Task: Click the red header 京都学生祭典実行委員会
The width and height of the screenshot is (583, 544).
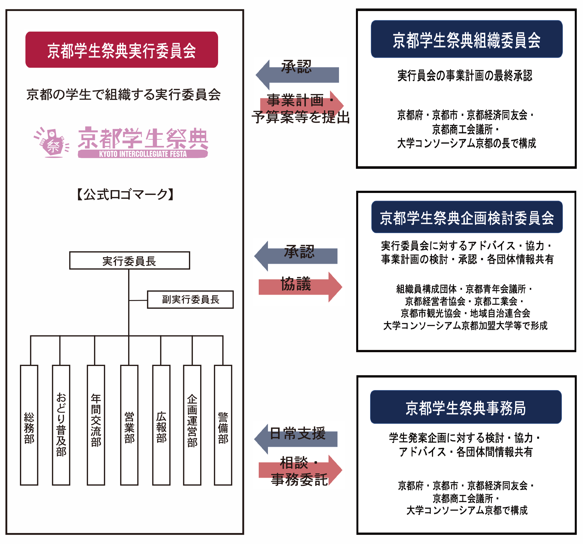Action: pyautogui.click(x=121, y=50)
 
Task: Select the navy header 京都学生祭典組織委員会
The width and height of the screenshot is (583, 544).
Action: pyautogui.click(x=466, y=39)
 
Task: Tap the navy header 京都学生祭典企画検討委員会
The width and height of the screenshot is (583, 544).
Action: pyautogui.click(x=467, y=217)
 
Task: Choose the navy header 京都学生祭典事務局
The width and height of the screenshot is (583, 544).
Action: pyautogui.click(x=466, y=407)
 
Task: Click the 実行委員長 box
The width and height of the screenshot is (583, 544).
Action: pyautogui.click(x=129, y=260)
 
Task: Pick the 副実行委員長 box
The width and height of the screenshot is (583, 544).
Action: pyautogui.click(x=190, y=300)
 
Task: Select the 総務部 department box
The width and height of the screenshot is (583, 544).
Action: pyautogui.click(x=29, y=425)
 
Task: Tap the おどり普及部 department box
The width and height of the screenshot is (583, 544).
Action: pyautogui.click(x=61, y=425)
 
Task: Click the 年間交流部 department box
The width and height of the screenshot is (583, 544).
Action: pyautogui.click(x=96, y=425)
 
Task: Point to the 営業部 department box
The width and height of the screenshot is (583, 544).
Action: pyautogui.click(x=129, y=425)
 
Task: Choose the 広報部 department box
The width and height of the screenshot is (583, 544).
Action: pyautogui.click(x=161, y=425)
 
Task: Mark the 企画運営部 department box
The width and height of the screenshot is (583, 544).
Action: pyautogui.click(x=192, y=425)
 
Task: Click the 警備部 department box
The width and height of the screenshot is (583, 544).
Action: pyautogui.click(x=223, y=425)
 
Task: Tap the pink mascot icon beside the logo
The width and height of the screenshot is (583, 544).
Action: pyautogui.click(x=52, y=143)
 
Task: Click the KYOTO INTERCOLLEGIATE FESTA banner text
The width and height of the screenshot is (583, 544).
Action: pyautogui.click(x=143, y=154)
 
